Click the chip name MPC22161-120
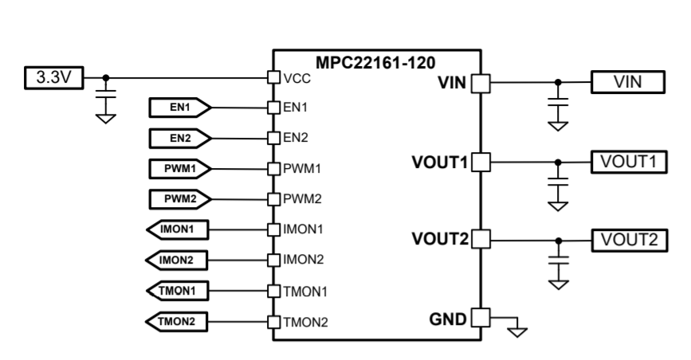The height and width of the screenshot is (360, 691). (x=375, y=61)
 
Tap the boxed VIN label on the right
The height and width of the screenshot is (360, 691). (x=626, y=81)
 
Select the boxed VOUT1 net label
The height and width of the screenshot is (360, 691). (x=626, y=161)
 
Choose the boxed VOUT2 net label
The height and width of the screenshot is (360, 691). (x=626, y=238)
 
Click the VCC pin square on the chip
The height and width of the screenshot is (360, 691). (x=272, y=78)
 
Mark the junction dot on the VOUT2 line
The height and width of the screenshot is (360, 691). (x=558, y=239)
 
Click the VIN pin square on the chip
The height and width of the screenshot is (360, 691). (x=481, y=82)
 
